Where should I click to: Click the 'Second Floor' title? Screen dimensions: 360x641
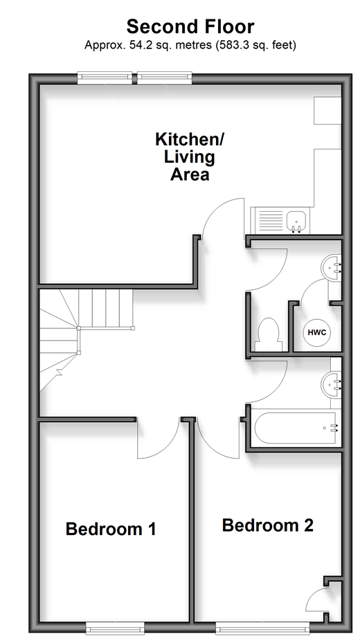(190, 27)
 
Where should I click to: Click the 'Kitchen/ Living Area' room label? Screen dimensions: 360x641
(190, 156)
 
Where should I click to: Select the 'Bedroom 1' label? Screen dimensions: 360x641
(111, 529)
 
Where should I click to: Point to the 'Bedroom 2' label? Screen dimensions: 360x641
(268, 525)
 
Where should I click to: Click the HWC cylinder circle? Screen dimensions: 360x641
(316, 332)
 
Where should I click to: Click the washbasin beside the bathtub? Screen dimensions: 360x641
(331, 384)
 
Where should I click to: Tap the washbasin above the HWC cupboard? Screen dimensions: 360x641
(332, 268)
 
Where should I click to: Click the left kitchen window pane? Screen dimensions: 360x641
(105, 78)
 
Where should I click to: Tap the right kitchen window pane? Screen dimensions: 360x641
(164, 78)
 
